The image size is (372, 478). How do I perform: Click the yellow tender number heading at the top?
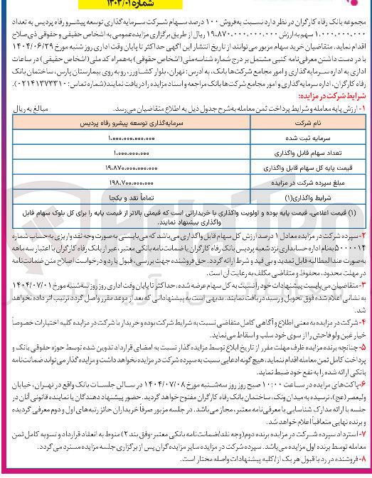click(186, 4)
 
